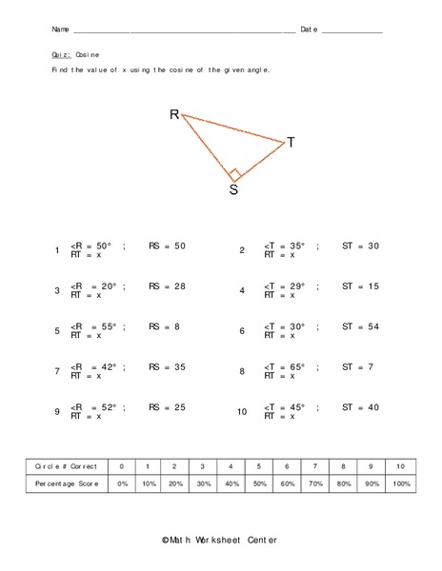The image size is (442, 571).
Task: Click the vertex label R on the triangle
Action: click(x=174, y=114)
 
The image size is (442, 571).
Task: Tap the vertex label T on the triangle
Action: click(x=291, y=143)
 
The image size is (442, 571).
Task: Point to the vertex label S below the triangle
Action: click(x=233, y=189)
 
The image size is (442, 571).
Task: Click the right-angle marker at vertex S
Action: click(x=234, y=173)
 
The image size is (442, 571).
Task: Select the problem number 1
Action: click(x=58, y=250)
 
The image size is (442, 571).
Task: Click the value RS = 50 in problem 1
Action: click(x=167, y=246)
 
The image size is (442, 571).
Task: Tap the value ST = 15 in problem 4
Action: click(x=360, y=285)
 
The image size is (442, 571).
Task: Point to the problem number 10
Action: click(x=243, y=412)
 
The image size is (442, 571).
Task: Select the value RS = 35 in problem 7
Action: click(x=167, y=366)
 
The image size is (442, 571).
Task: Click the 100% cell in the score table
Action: click(x=401, y=484)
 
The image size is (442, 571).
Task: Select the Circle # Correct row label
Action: click(x=66, y=466)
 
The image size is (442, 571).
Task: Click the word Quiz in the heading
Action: click(x=61, y=55)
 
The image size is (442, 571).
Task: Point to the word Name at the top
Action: click(x=60, y=30)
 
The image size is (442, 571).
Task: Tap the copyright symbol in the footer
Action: click(x=166, y=541)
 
